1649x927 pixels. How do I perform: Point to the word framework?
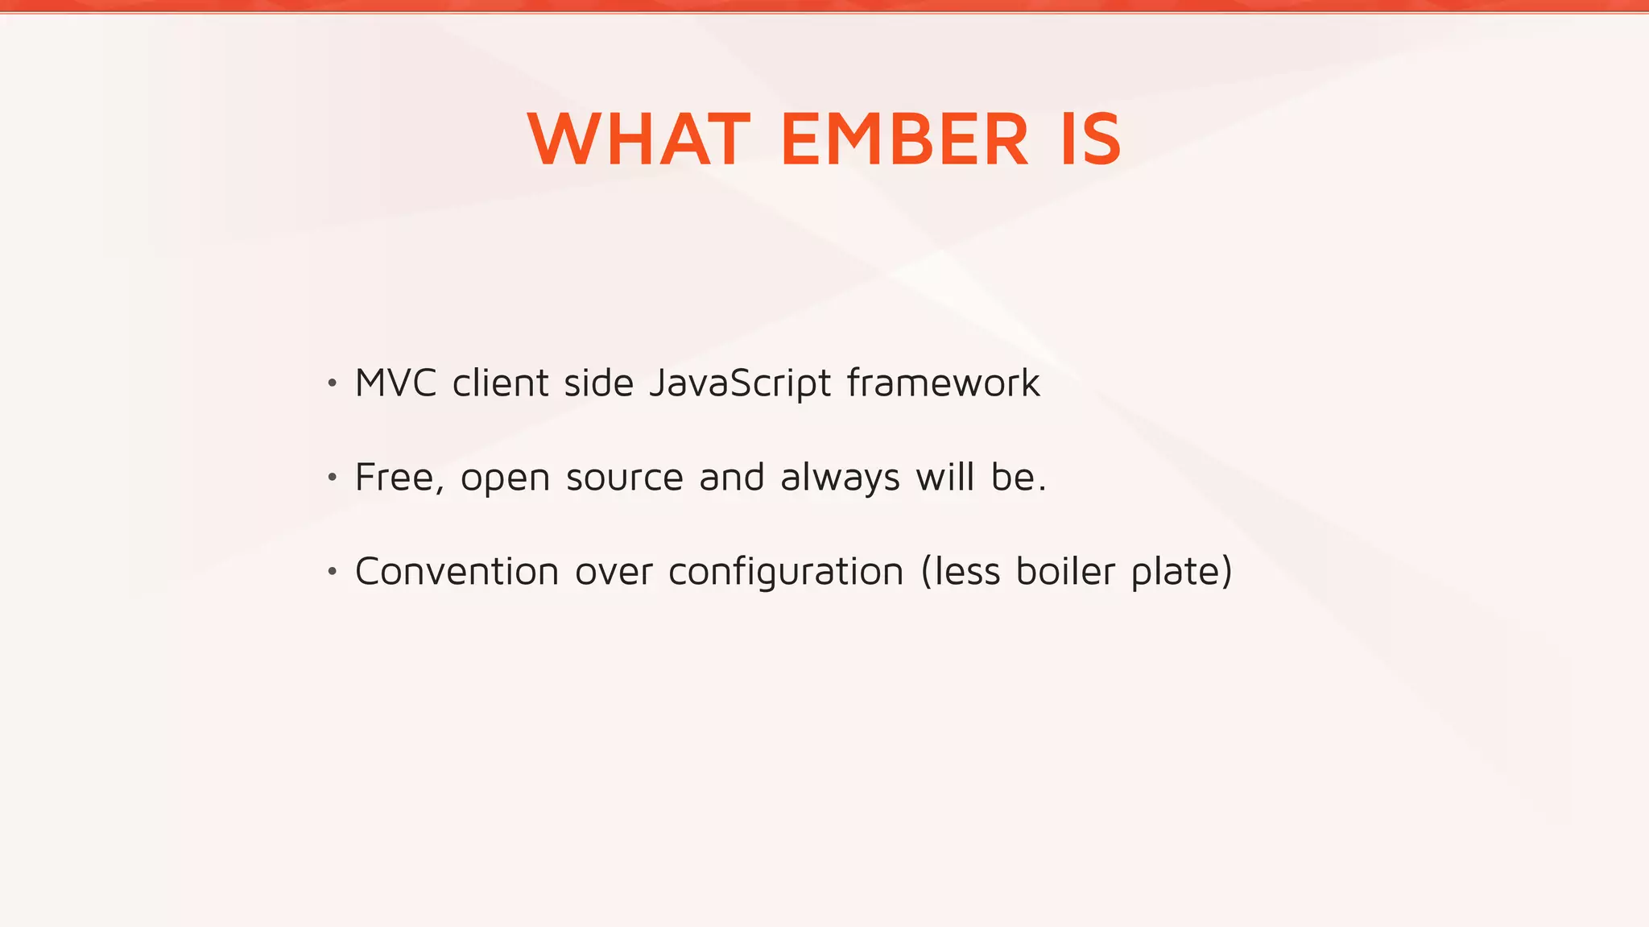pyautogui.click(x=943, y=383)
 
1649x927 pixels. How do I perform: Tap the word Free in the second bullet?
pyautogui.click(x=395, y=478)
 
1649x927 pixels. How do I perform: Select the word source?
pyautogui.click(x=624, y=478)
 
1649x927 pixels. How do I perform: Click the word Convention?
pyautogui.click(x=457, y=573)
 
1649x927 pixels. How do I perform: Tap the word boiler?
pyautogui.click(x=1065, y=572)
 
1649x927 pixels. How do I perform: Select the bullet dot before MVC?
pyautogui.click(x=332, y=383)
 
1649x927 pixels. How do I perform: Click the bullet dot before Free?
pyautogui.click(x=332, y=478)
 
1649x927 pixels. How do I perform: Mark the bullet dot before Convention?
pyautogui.click(x=332, y=573)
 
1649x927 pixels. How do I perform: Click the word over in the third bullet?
pyautogui.click(x=614, y=573)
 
